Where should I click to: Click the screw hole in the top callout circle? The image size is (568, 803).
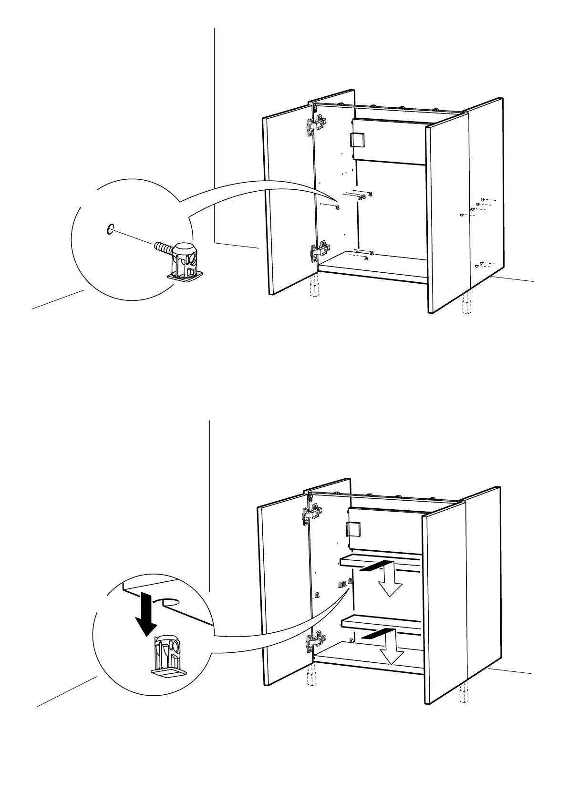109,229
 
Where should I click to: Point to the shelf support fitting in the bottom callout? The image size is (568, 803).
166,654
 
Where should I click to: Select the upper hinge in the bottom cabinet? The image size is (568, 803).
310,515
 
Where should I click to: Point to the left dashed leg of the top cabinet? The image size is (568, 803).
313,287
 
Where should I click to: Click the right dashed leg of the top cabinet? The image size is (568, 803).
467,304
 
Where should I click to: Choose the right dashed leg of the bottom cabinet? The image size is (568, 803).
462,694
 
